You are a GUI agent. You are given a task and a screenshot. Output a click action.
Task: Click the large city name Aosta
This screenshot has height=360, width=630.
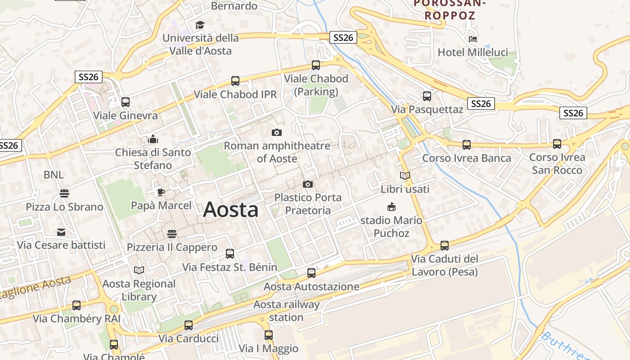pyautogui.click(x=231, y=210)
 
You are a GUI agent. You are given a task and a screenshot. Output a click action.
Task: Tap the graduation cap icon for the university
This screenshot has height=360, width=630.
pyautogui.click(x=200, y=25)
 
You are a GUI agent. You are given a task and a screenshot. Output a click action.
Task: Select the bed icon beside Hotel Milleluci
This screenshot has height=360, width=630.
pyautogui.click(x=472, y=39)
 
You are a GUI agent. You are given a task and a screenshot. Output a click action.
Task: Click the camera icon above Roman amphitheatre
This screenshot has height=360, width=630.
pyautogui.click(x=277, y=132)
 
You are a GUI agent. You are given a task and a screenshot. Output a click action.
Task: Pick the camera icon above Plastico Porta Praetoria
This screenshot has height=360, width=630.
pyautogui.click(x=308, y=184)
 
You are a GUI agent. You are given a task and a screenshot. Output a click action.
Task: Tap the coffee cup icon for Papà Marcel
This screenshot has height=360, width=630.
pyautogui.click(x=161, y=193)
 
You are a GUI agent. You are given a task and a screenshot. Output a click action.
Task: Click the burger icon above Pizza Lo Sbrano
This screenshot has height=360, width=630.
pyautogui.click(x=64, y=193)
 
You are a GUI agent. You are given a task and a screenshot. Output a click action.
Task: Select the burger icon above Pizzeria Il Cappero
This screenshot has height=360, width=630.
pyautogui.click(x=171, y=234)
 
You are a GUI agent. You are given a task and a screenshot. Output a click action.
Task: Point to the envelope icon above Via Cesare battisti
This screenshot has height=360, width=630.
pyautogui.click(x=61, y=232)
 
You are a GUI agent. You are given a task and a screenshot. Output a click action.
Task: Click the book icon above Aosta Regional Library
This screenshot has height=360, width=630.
pyautogui.click(x=139, y=270)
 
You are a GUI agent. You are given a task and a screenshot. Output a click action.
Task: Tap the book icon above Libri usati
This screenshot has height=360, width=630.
pyautogui.click(x=405, y=175)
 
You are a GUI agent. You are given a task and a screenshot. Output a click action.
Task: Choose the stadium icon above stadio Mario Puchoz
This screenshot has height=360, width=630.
pyautogui.click(x=391, y=207)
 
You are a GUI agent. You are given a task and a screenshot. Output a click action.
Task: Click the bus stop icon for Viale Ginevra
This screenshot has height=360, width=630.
pyautogui.click(x=126, y=102)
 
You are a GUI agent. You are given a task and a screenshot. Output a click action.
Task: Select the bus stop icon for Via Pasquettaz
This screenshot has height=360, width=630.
pyautogui.click(x=427, y=96)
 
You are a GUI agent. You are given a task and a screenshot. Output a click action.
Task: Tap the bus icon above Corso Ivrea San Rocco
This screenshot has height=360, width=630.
pyautogui.click(x=557, y=144)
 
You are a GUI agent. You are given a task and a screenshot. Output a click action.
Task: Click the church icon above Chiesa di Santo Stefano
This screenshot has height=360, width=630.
pyautogui.click(x=153, y=139)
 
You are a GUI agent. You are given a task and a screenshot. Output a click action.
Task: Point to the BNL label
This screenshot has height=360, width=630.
pyautogui.click(x=54, y=175)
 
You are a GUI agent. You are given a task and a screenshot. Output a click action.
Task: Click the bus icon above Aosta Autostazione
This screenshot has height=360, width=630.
pyautogui.click(x=311, y=273)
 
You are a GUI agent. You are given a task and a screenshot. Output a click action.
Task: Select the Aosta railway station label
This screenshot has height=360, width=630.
pyautogui.click(x=286, y=311)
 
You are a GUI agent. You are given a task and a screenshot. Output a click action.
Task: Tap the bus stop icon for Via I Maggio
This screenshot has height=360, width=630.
pyautogui.click(x=269, y=335)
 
